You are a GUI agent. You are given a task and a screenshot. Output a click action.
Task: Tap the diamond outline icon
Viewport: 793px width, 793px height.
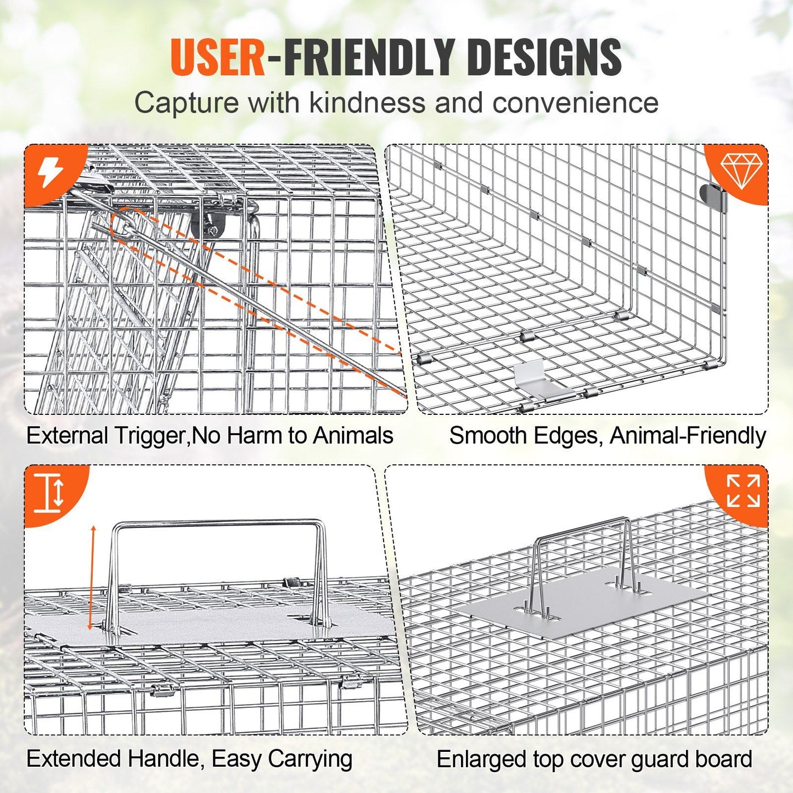(741, 172)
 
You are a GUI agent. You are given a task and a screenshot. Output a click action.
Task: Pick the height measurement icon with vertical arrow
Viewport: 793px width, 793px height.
(48, 493)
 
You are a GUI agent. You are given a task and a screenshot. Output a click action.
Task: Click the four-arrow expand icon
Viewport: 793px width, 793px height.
(743, 491)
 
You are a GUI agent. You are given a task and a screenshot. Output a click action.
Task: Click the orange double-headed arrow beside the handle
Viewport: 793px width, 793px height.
(92, 583)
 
